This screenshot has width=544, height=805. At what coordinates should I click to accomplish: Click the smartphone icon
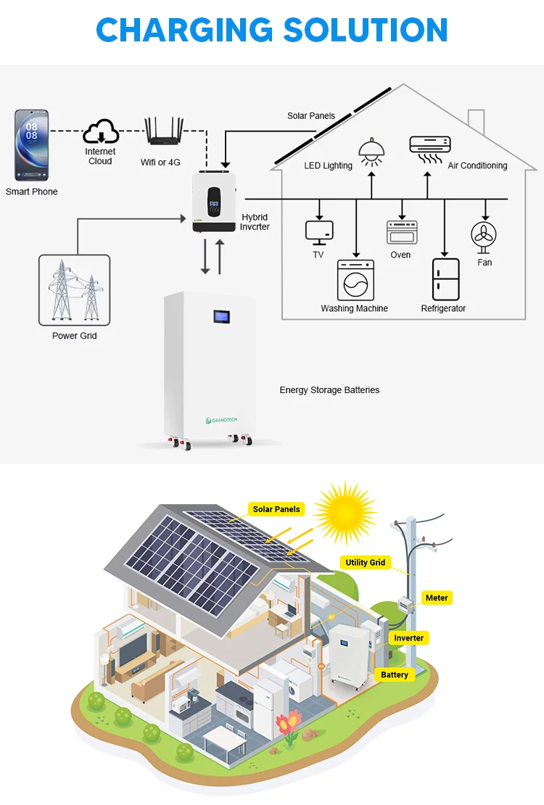32,145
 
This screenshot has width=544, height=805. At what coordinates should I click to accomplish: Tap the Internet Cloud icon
100,133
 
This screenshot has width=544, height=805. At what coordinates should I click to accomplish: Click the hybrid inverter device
214,201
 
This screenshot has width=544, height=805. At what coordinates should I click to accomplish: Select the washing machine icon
355,281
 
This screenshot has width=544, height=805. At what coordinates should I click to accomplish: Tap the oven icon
400,232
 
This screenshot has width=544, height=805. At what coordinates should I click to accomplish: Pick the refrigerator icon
445,279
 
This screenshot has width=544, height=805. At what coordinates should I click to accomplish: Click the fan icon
484,236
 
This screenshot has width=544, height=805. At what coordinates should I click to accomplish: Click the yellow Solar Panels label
276,509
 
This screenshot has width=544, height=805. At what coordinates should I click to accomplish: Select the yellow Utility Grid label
366,562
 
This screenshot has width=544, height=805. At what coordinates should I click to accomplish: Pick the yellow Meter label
437,598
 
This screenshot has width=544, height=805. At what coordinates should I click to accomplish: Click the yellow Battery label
395,674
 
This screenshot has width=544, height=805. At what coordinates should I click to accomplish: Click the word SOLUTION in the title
366,30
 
